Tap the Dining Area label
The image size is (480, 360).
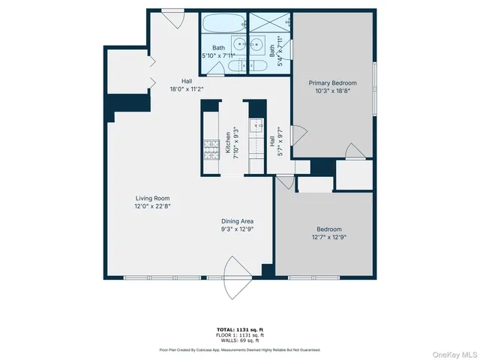click(237, 220)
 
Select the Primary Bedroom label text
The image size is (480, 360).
click(333, 82)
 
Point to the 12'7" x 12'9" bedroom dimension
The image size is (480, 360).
click(328, 237)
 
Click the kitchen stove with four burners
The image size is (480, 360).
click(209, 150)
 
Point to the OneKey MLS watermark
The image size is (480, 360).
click(453, 352)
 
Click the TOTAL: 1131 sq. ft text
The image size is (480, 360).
click(240, 328)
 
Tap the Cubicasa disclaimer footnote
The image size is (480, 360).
click(240, 349)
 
